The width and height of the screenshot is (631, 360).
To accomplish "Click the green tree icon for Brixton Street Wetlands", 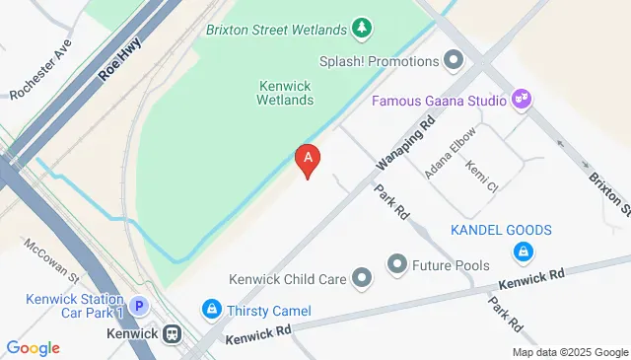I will [x=363, y=27].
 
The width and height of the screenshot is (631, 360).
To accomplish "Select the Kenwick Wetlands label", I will [x=285, y=93].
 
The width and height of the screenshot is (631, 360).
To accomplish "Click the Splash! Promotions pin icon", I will [x=454, y=61].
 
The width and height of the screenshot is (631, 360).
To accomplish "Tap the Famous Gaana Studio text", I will [x=439, y=101].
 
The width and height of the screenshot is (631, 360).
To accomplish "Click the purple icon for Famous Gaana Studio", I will [x=523, y=100].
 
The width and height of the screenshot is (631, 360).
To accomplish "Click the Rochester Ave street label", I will [x=41, y=75].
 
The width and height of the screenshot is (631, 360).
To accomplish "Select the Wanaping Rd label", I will [x=405, y=145].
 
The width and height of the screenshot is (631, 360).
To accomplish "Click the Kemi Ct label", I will [x=482, y=175].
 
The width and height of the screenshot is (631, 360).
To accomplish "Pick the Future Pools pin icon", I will [x=397, y=263].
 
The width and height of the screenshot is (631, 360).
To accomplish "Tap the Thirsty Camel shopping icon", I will [x=211, y=311].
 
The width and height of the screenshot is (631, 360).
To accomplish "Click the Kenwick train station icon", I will [x=173, y=334].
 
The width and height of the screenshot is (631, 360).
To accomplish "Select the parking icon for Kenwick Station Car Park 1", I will [x=140, y=307].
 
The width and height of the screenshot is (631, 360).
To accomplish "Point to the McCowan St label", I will [x=51, y=258].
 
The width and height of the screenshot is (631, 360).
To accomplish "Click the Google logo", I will [x=33, y=347].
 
